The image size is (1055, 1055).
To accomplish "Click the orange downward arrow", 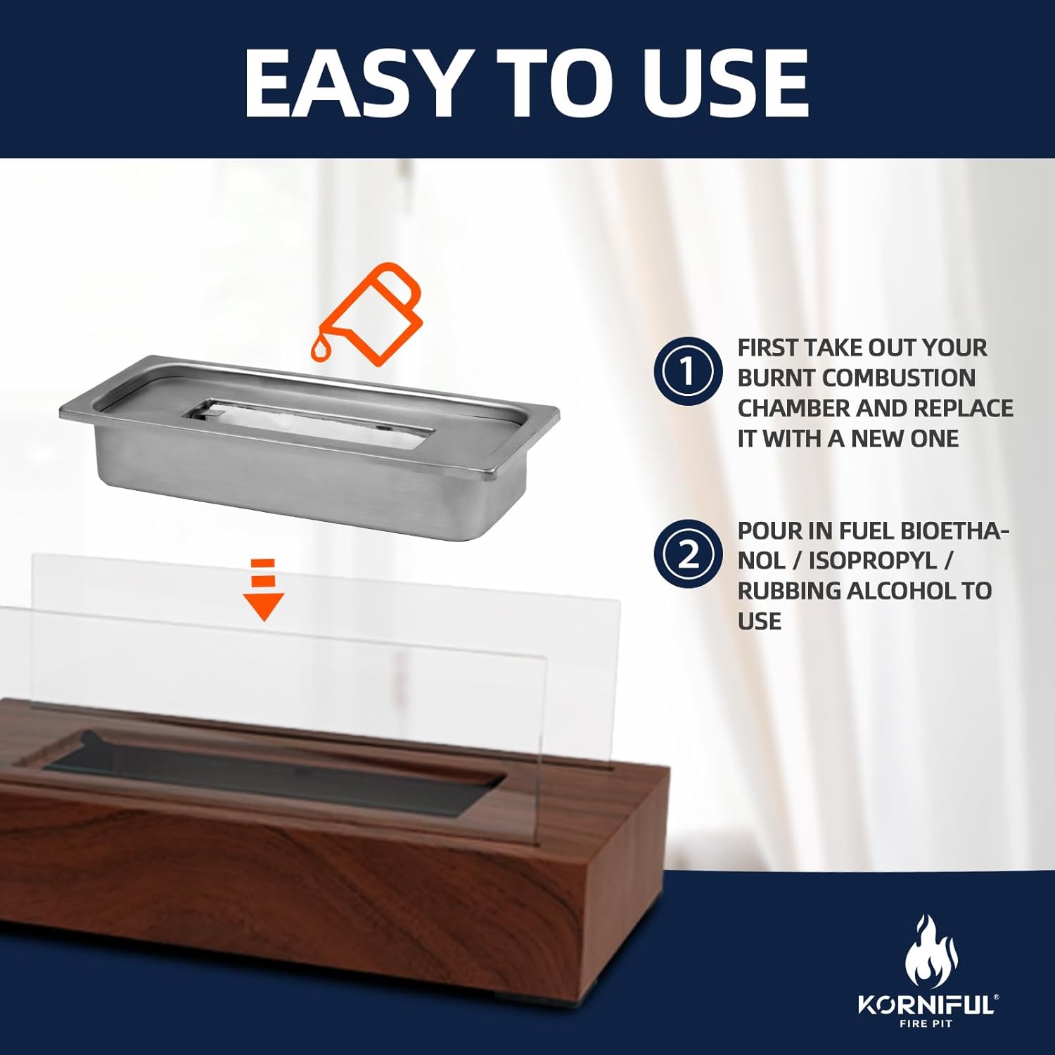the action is click(x=264, y=589).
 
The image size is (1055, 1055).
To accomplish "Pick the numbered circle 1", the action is click(x=688, y=371).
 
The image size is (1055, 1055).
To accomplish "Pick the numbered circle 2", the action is click(x=688, y=554).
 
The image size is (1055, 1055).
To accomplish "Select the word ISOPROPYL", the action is click(x=873, y=561).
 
